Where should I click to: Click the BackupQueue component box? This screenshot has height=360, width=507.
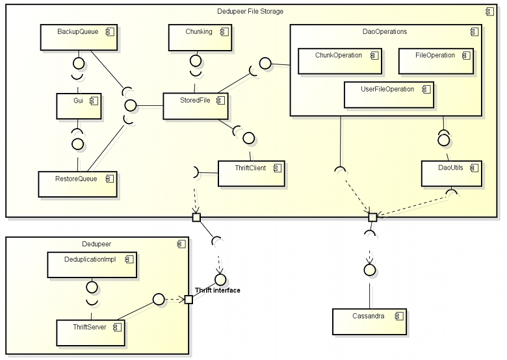click(x=78, y=38)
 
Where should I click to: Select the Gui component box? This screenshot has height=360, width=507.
click(x=78, y=106)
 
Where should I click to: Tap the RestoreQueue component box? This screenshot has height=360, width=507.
click(x=77, y=185)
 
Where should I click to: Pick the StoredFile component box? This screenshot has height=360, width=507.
click(x=194, y=106)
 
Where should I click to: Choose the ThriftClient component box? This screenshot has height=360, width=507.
click(x=250, y=174)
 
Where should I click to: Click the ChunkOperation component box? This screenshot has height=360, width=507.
click(x=340, y=60)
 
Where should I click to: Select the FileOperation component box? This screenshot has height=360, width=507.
click(x=435, y=60)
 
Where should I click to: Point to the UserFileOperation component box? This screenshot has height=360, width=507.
click(x=389, y=94)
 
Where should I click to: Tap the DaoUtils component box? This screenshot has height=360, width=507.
click(x=451, y=174)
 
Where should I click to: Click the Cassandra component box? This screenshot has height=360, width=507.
click(x=369, y=322)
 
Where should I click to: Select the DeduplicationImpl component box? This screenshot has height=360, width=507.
click(x=91, y=264)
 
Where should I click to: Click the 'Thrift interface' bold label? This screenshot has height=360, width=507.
click(x=217, y=290)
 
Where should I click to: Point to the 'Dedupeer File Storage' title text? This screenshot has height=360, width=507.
click(x=250, y=12)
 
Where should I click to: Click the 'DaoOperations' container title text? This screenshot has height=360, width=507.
click(x=384, y=31)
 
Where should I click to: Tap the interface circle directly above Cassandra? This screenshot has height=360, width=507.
click(x=370, y=269)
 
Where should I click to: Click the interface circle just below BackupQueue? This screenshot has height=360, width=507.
click(x=78, y=63)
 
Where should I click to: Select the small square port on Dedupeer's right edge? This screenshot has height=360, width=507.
click(x=188, y=300)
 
